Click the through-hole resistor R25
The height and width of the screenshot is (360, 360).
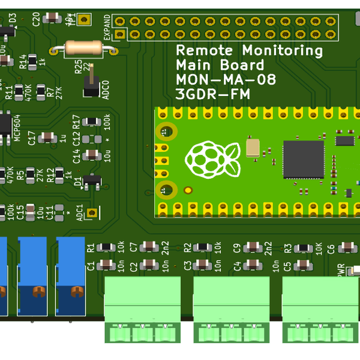click(x=88, y=48)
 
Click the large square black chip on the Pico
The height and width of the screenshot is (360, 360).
click(x=303, y=160)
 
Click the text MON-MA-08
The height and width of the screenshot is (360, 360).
click(x=226, y=79)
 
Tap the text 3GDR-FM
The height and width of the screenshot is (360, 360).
click(x=213, y=94)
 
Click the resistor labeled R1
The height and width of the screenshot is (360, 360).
click(x=106, y=247)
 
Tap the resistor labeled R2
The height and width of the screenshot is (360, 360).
click(x=203, y=247)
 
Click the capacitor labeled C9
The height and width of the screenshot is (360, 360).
click(x=253, y=247)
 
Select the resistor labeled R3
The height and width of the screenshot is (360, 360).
click(x=304, y=247)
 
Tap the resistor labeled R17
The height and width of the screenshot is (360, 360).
click(x=91, y=122)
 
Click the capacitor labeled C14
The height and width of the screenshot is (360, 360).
click(x=91, y=155)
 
